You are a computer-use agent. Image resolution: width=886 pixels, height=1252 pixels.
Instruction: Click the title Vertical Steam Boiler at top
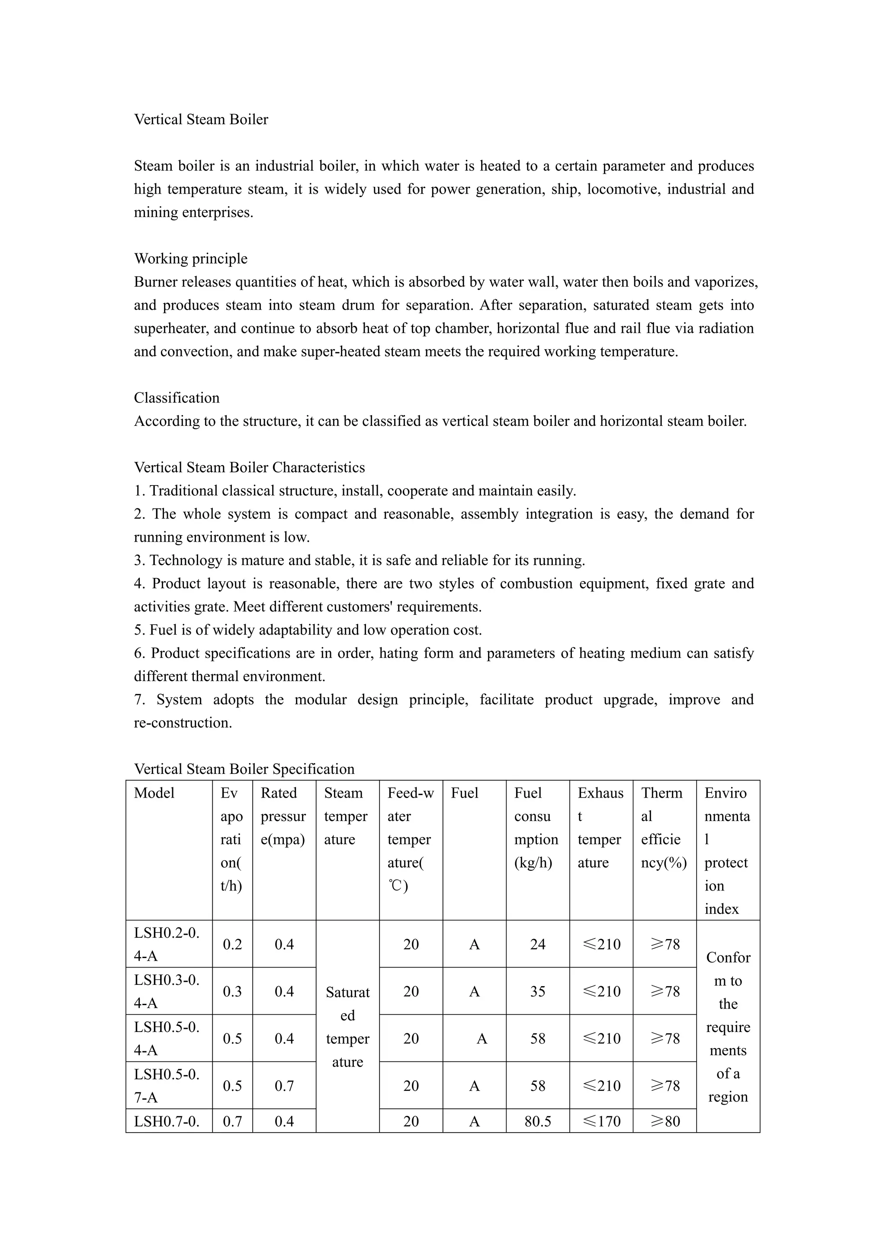201,119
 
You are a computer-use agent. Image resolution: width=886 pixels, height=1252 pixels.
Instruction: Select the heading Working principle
190,259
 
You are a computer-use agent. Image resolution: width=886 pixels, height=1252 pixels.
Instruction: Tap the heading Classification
177,398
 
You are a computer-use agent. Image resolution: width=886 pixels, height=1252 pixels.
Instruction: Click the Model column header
154,793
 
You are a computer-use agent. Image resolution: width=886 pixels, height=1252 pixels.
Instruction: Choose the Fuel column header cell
464,793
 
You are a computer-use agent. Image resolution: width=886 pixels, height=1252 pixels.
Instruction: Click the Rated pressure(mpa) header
283,816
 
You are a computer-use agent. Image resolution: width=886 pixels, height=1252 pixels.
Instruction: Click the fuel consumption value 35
537,991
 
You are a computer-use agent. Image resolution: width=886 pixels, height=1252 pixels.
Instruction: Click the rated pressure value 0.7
284,1085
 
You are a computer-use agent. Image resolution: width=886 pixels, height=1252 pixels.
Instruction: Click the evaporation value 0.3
232,991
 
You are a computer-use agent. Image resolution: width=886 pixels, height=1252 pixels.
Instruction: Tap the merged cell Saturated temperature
347,1027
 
